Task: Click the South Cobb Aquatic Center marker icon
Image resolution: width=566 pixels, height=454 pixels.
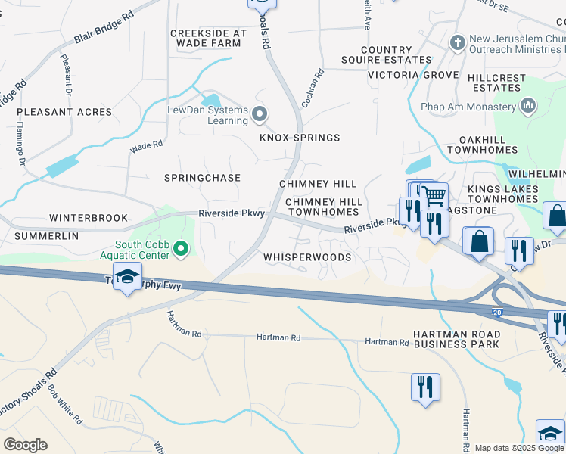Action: [x=180, y=248]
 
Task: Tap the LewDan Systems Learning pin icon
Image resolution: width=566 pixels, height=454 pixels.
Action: [x=260, y=115]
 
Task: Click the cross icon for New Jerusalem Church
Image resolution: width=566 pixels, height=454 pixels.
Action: [x=456, y=43]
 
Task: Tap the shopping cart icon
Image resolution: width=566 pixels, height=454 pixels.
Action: [x=434, y=197]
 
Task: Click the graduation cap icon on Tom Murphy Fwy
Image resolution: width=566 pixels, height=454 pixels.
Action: [x=128, y=275]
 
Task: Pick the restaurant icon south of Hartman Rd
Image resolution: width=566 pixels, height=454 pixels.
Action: [x=425, y=387]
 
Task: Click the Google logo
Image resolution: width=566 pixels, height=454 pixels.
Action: [x=25, y=445]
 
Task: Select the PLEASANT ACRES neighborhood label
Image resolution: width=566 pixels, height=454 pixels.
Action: [x=64, y=112]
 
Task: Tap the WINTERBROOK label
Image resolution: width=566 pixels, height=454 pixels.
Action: [x=89, y=218]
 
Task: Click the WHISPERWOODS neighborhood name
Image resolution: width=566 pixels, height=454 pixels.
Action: [x=307, y=257]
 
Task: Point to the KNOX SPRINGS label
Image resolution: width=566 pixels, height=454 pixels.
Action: [x=300, y=138]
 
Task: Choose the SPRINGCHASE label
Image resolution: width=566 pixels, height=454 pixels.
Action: [x=203, y=178]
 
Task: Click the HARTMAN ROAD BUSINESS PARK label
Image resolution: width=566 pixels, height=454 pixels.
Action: [x=456, y=339]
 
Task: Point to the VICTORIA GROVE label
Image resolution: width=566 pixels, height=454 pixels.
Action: [x=413, y=76]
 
